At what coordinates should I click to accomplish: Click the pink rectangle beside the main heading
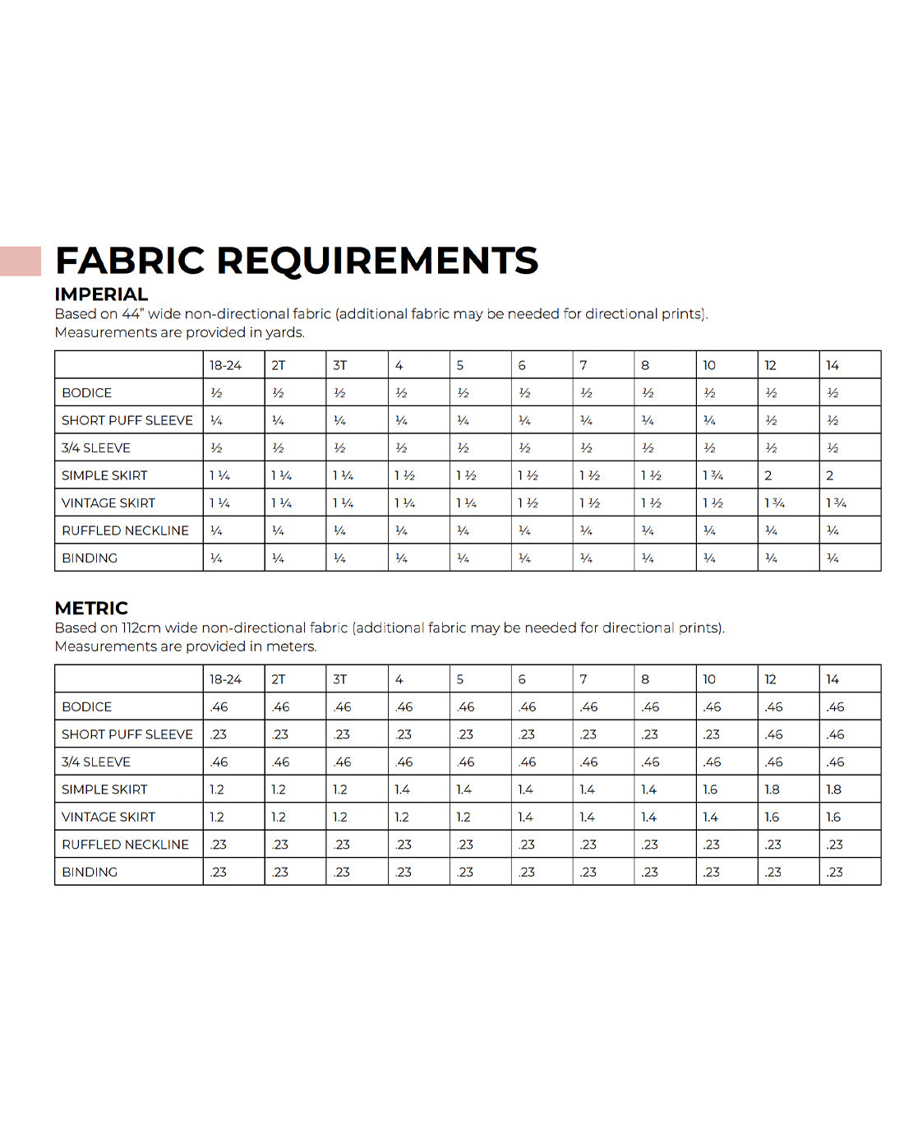[20, 261]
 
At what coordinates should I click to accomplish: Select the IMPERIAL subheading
[101, 294]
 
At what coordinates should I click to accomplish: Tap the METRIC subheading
[91, 609]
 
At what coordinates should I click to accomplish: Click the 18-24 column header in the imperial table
[225, 365]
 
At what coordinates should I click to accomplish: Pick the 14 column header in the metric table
[833, 679]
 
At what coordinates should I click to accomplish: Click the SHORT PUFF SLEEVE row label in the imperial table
[127, 420]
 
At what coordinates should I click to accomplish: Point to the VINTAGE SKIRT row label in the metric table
[108, 817]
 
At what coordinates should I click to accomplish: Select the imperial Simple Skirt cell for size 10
[713, 475]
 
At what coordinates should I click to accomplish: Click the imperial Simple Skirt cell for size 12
[768, 475]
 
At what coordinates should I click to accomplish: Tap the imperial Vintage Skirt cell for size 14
[836, 502]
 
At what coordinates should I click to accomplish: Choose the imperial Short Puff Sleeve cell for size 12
[771, 420]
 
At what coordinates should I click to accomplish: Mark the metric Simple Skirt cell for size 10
[710, 790]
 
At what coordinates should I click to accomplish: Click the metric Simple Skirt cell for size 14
[833, 790]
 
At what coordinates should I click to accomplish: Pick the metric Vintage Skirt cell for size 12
[772, 817]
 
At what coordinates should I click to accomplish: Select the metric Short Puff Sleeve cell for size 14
[835, 734]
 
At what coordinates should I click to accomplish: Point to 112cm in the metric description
[141, 628]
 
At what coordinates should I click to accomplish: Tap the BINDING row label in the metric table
[90, 872]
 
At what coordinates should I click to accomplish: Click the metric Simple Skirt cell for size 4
[402, 790]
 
